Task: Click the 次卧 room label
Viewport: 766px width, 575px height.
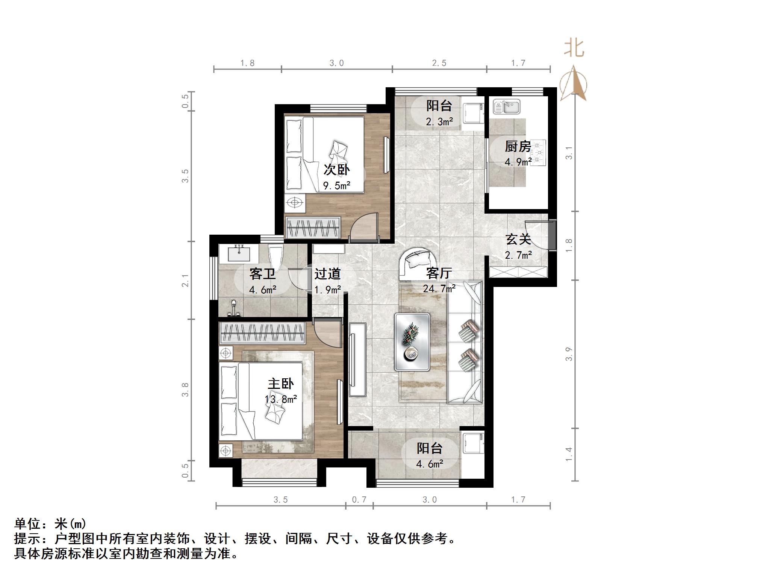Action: (336, 170)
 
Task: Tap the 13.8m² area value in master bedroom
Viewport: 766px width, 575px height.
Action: (281, 399)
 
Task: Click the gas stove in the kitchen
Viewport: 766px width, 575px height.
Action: (539, 153)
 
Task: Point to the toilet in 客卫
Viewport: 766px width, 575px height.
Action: (276, 256)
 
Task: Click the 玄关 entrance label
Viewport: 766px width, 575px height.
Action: (518, 239)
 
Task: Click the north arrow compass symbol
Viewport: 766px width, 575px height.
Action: (573, 83)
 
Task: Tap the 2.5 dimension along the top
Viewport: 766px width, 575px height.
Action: (439, 63)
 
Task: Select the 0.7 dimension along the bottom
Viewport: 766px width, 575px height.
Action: (359, 500)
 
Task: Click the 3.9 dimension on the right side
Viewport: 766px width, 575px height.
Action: (569, 354)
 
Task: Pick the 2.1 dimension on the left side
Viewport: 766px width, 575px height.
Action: (185, 280)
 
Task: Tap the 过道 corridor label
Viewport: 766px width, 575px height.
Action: (327, 274)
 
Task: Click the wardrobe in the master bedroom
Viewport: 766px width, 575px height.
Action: (262, 332)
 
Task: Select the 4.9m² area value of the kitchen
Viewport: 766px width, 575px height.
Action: (518, 162)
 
